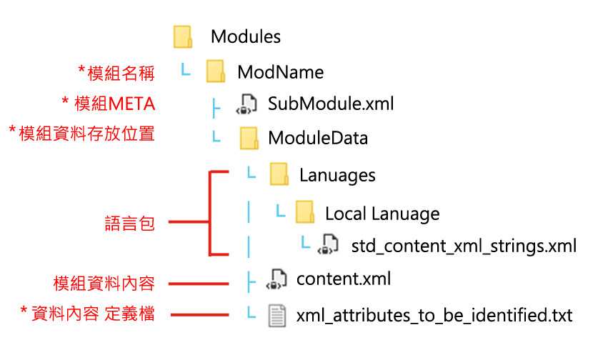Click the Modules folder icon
click(183, 37)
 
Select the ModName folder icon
click(216, 71)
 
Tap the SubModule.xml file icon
click(246, 104)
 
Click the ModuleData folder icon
click(249, 138)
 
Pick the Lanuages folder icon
click(279, 174)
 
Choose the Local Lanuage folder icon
click(305, 212)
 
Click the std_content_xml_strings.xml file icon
click(328, 244)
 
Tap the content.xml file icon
click(276, 279)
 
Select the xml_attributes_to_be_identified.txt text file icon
click(277, 316)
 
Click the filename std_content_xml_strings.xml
click(464, 246)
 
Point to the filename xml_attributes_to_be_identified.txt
click(434, 315)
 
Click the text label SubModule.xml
click(331, 104)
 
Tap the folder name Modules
click(246, 36)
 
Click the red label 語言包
click(130, 224)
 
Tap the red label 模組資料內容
click(104, 284)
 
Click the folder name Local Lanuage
click(382, 214)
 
